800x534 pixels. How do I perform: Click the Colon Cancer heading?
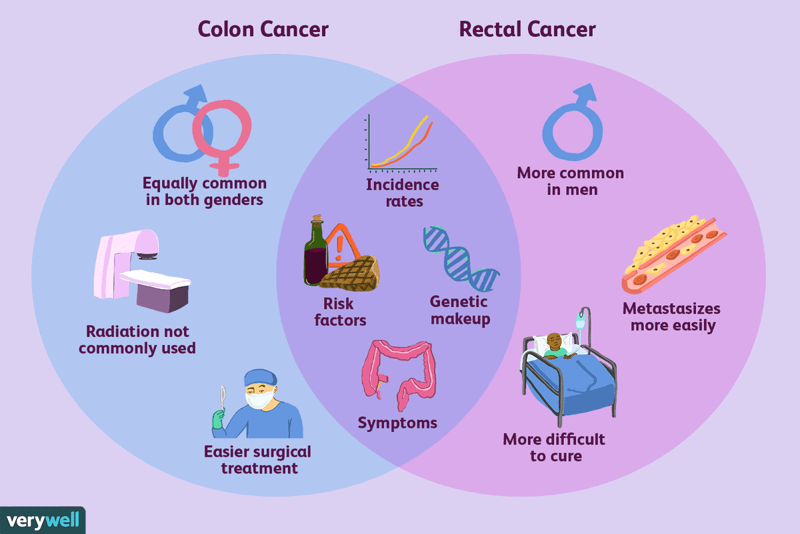[263, 29]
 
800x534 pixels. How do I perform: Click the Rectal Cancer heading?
[527, 29]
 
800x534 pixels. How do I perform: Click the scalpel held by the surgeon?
[222, 398]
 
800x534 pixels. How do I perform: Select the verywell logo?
[43, 520]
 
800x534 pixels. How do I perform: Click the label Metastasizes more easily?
[671, 317]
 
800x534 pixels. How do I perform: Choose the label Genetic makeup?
[461, 310]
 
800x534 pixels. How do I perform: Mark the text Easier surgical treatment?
[257, 459]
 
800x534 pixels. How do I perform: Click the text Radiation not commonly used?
[137, 340]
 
